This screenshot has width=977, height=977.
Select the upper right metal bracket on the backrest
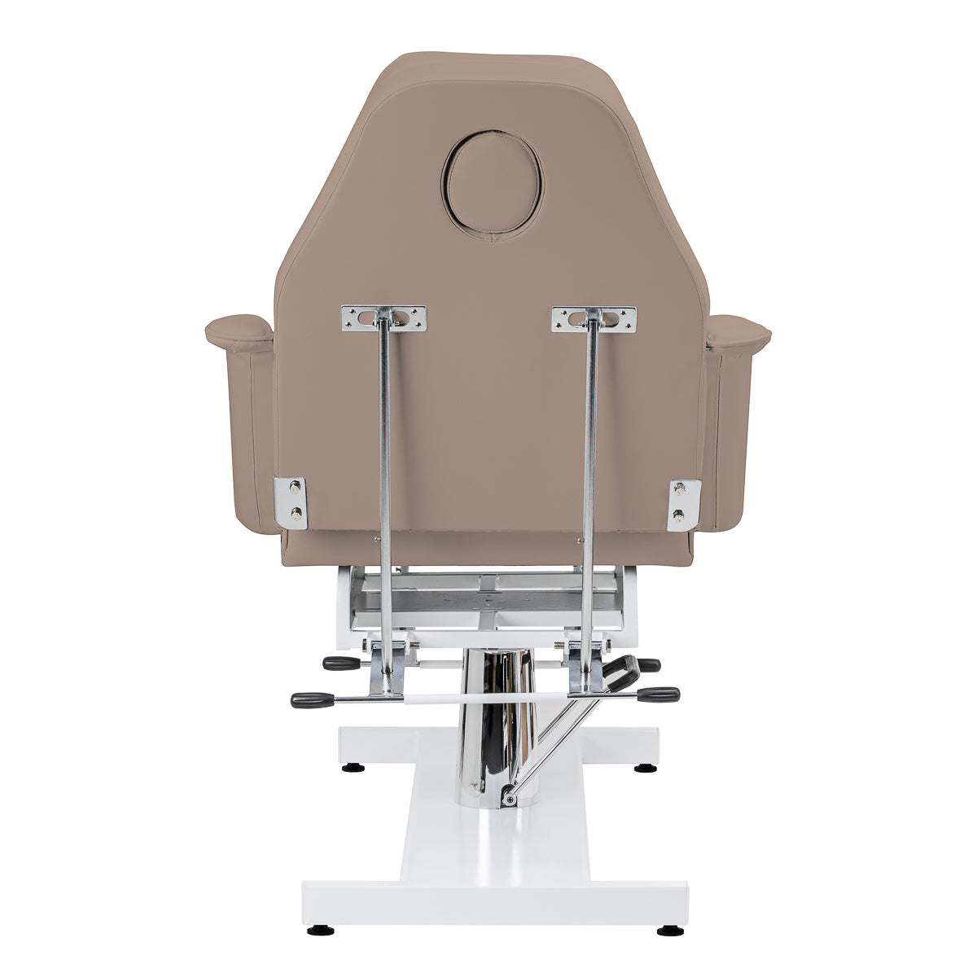[592, 318]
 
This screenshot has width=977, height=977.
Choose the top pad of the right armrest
[736, 332]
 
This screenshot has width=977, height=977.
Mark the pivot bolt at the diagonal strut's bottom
[509, 800]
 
